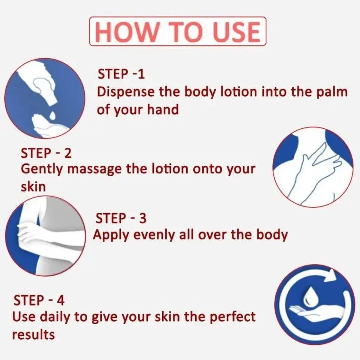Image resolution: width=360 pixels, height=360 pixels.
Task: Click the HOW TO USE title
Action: pyautogui.click(x=178, y=31)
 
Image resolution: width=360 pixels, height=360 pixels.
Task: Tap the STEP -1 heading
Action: pyautogui.click(x=121, y=74)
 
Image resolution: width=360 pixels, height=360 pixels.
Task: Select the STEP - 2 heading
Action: pyautogui.click(x=46, y=153)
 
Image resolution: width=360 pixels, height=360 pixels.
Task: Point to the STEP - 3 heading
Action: pyautogui.click(x=121, y=218)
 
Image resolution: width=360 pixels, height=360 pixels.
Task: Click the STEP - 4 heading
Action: pyautogui.click(x=39, y=300)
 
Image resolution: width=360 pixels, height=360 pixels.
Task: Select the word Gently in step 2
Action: pyautogui.click(x=42, y=170)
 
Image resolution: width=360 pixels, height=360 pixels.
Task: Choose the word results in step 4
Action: pyautogui.click(x=33, y=335)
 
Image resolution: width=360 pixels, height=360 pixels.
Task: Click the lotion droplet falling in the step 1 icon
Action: pyautogui.click(x=53, y=116)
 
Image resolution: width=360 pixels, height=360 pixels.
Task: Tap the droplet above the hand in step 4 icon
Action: pyautogui.click(x=308, y=296)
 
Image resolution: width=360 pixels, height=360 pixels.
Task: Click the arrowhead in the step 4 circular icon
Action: pyautogui.click(x=330, y=275)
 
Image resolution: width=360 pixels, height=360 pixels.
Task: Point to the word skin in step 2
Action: pyautogui.click(x=33, y=187)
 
